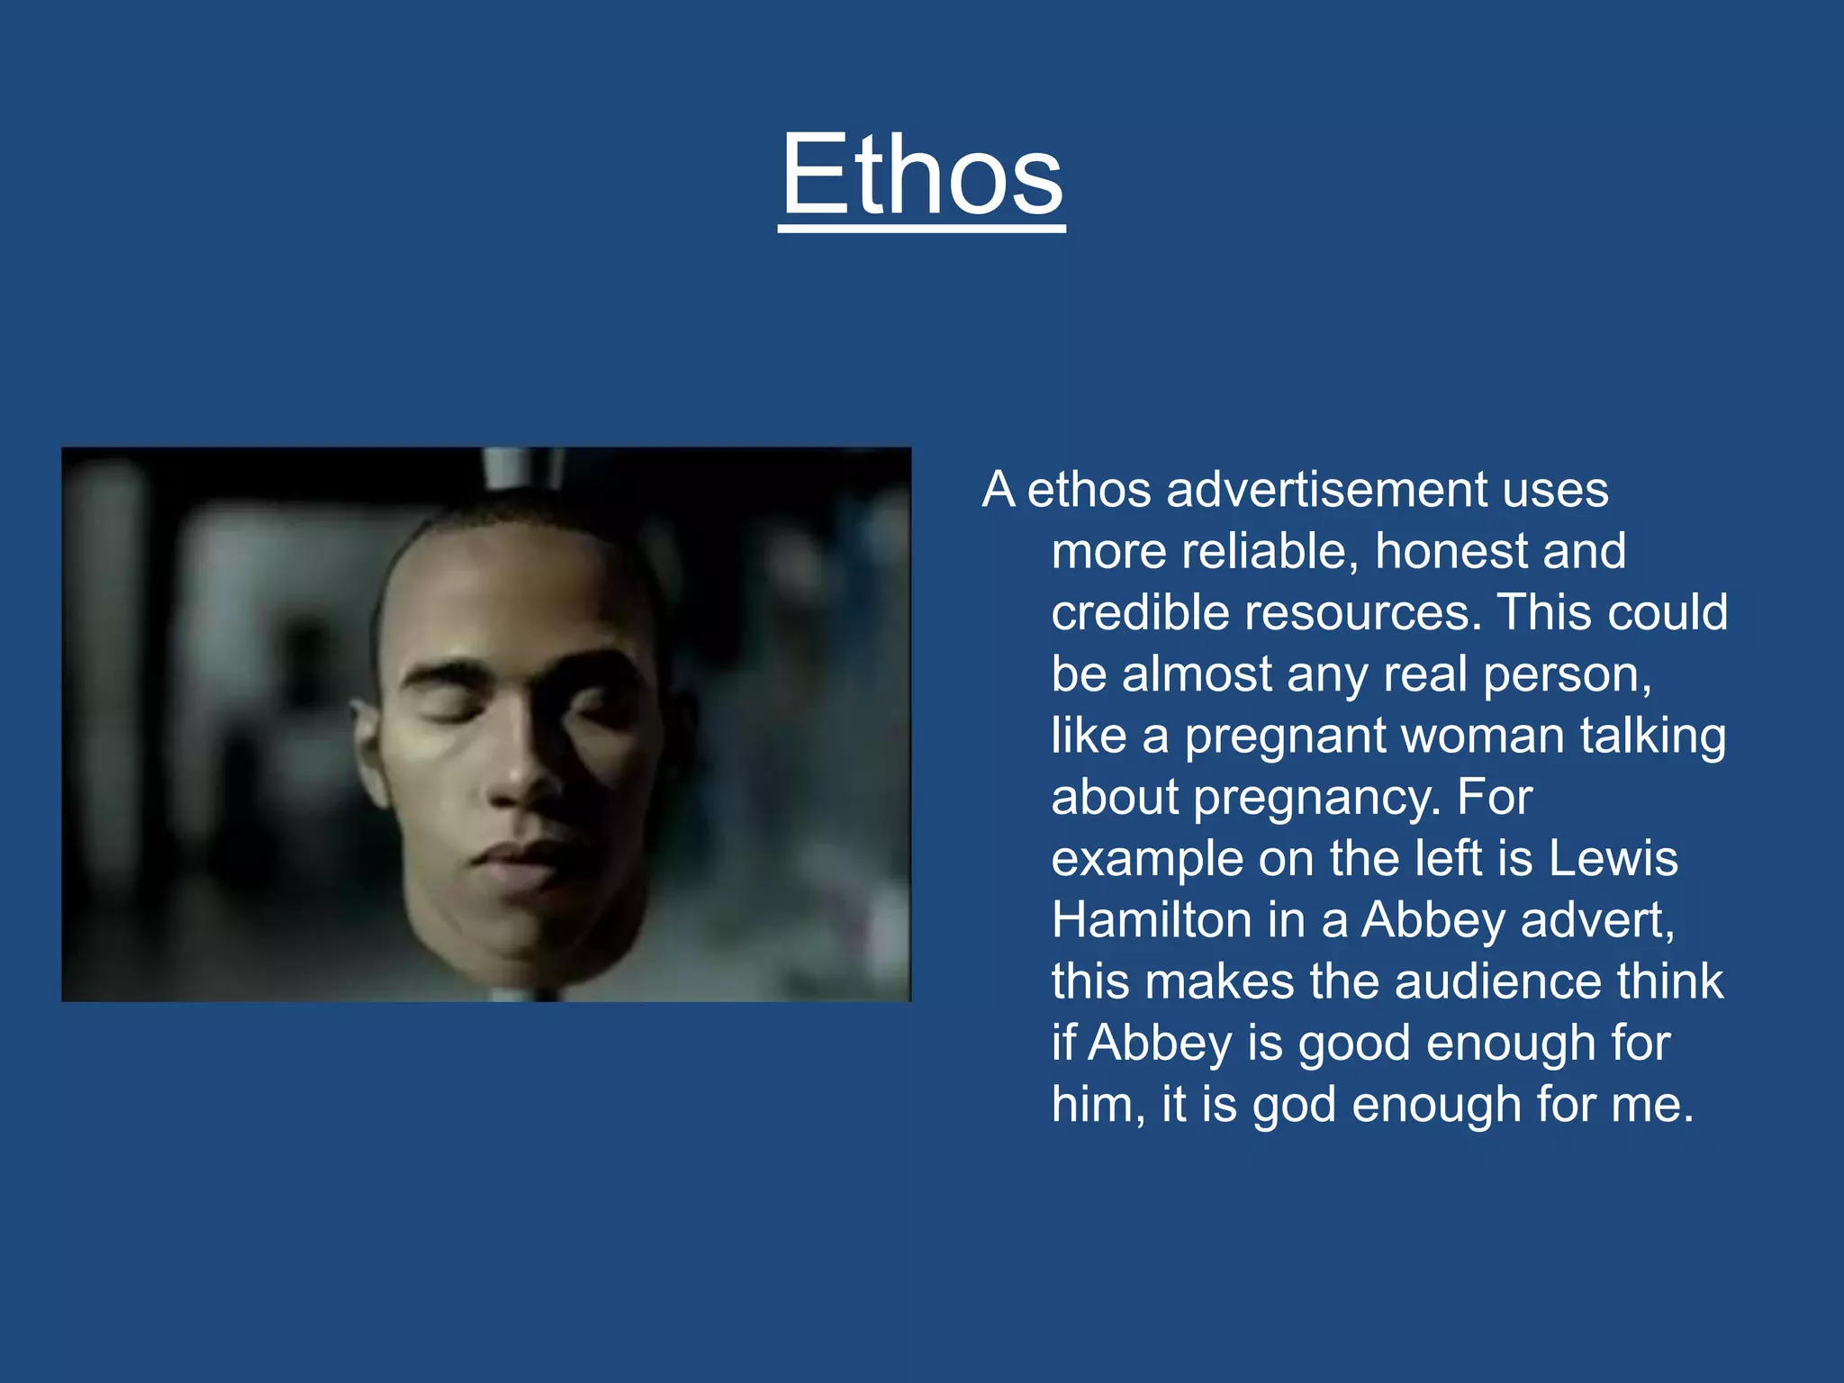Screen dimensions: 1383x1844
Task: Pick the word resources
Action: pyautogui.click(x=1362, y=612)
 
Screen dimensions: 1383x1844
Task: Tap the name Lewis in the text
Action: pyautogui.click(x=1613, y=858)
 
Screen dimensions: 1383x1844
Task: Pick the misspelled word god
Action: pyautogui.click(x=1294, y=1106)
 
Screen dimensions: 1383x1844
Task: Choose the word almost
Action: pyautogui.click(x=1197, y=674)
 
